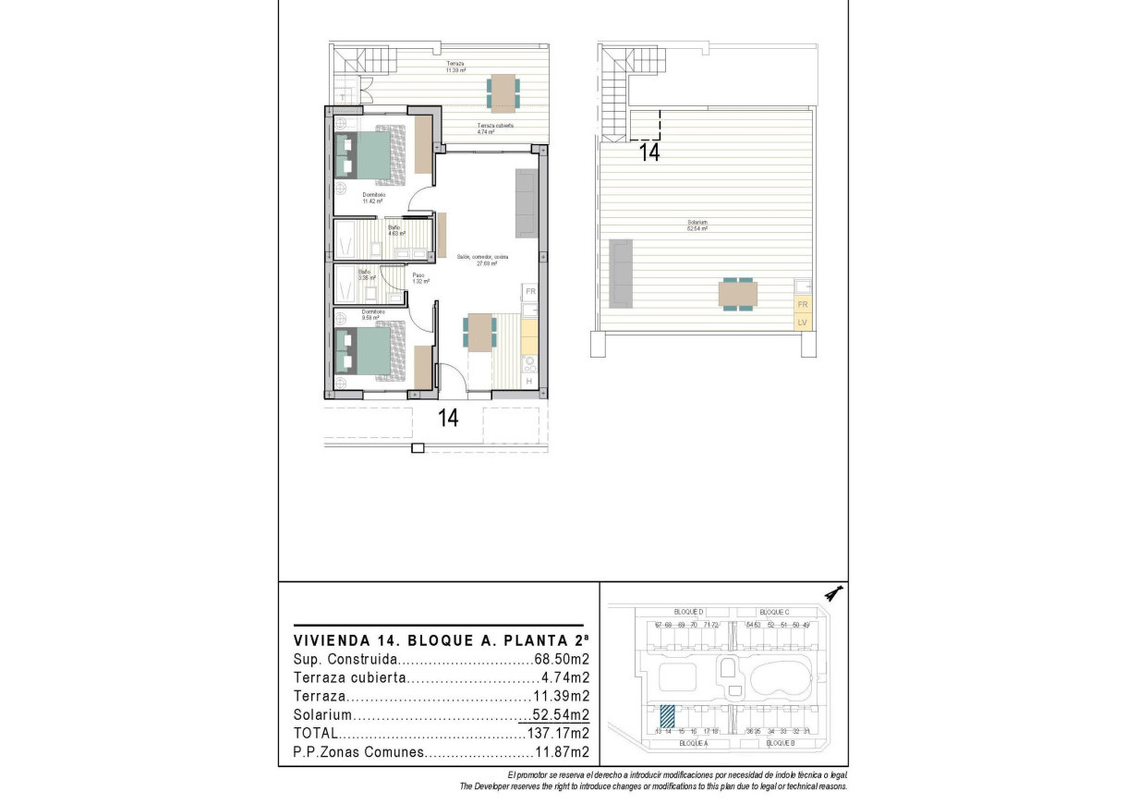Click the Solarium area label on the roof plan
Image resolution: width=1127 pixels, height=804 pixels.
[x=697, y=225]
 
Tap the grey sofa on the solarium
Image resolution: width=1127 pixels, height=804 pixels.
[x=620, y=274]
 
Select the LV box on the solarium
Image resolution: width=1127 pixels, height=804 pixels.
[x=802, y=323]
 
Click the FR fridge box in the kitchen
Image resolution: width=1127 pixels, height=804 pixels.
[x=530, y=292]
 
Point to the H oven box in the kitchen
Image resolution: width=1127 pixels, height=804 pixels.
[x=529, y=381]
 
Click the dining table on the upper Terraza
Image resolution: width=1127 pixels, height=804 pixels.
[x=503, y=93]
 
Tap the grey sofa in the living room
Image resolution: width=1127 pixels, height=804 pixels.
[x=526, y=202]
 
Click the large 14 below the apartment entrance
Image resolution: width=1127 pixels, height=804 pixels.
[x=448, y=418]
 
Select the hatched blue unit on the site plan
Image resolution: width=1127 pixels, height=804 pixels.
[x=668, y=715]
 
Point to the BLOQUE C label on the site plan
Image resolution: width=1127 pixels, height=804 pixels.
[x=773, y=612]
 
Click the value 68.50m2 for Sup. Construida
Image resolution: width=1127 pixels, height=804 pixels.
[x=562, y=660]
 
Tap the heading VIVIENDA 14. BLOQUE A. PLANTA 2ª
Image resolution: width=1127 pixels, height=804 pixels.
[x=438, y=640]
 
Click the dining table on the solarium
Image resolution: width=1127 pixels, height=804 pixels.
[x=738, y=295]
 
